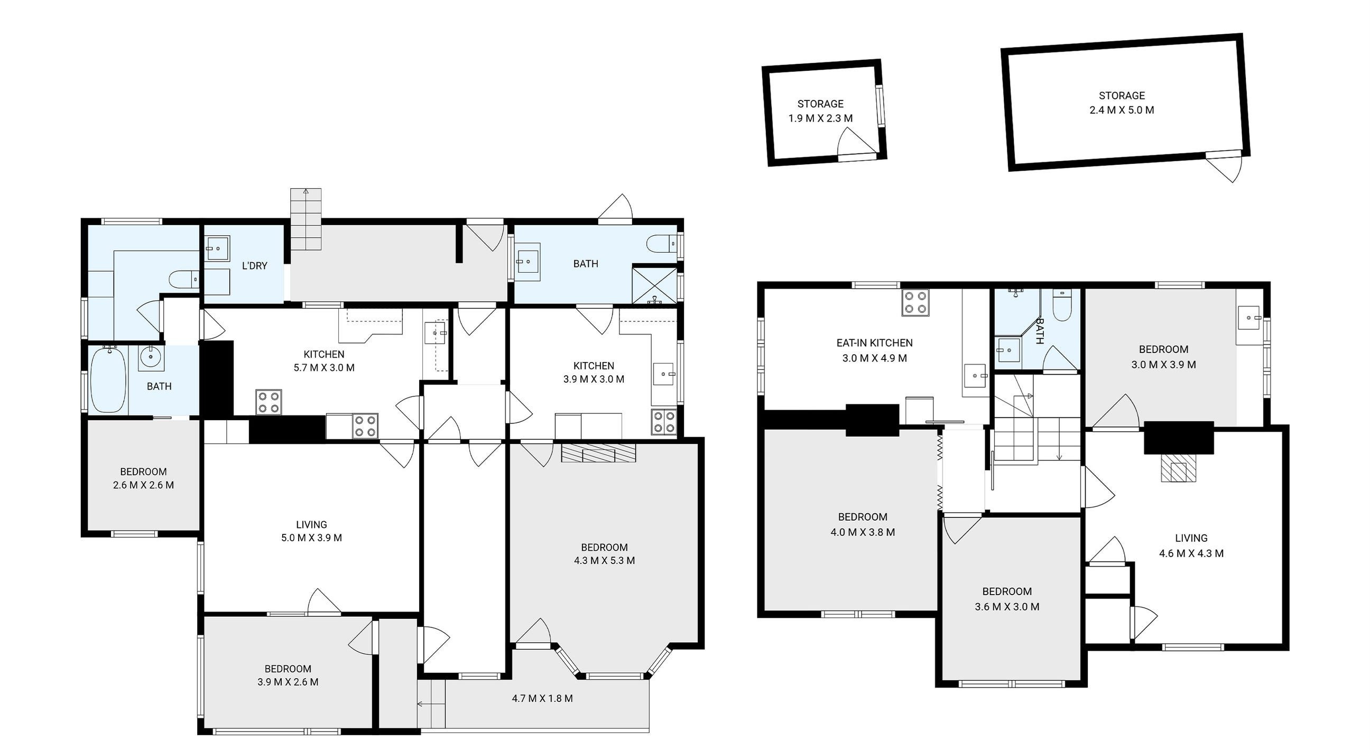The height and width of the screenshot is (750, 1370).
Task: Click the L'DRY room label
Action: click(254, 265)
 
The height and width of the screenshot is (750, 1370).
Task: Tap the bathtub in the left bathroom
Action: click(108, 379)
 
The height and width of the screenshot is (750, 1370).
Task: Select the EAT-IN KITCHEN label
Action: click(874, 343)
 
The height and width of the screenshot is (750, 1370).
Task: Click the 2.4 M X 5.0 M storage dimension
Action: click(1122, 110)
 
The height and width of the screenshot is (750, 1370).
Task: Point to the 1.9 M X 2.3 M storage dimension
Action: click(820, 118)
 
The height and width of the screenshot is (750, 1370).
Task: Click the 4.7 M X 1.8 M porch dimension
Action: click(542, 698)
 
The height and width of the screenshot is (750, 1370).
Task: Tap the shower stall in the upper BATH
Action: click(654, 285)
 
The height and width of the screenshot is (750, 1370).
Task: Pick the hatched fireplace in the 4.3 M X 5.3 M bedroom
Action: click(599, 453)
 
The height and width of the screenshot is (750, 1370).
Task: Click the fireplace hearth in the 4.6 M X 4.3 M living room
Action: click(1179, 468)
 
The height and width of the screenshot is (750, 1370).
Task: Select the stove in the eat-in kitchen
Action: click(915, 303)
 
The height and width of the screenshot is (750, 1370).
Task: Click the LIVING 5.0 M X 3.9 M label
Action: click(312, 531)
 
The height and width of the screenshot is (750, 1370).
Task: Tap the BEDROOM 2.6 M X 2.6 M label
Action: click(144, 478)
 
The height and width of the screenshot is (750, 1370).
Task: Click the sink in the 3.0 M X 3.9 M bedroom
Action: click(1249, 318)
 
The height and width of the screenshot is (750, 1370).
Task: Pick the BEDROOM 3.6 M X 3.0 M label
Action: click(1007, 599)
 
